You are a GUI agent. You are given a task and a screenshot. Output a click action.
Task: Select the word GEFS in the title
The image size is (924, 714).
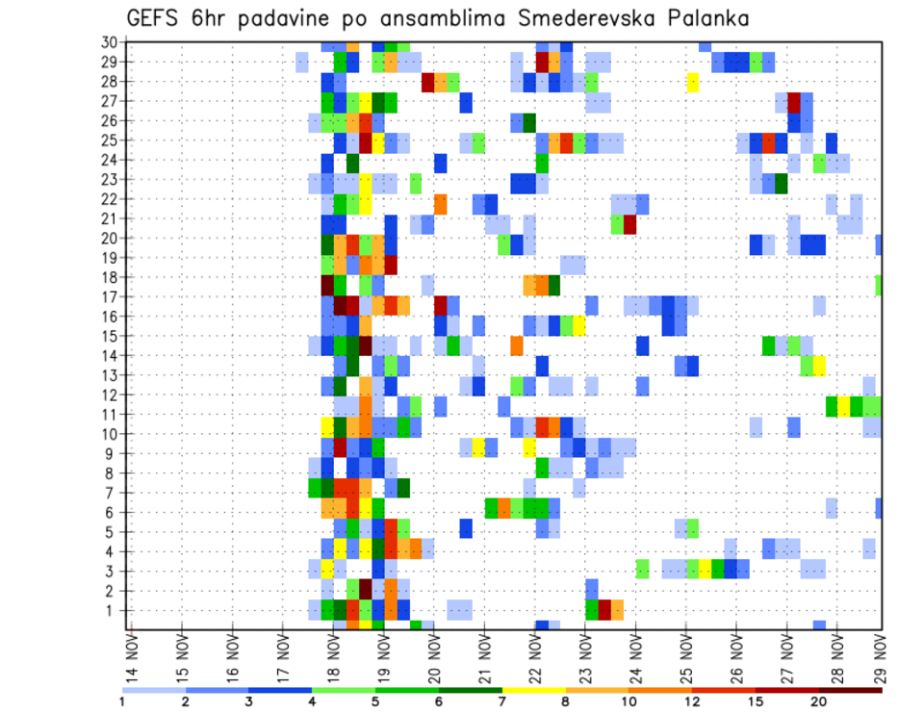point(157,18)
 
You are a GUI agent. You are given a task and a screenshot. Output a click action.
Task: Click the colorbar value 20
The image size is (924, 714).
point(819,701)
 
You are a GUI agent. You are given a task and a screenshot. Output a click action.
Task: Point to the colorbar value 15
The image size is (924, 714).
point(756,701)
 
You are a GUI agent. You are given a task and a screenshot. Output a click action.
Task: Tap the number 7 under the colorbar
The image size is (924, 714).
point(502,701)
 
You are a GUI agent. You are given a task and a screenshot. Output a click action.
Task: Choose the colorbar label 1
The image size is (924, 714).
point(122,701)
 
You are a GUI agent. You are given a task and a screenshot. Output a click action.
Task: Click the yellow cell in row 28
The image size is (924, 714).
point(692,82)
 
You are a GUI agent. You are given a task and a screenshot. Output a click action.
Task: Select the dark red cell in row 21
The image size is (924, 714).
point(629,225)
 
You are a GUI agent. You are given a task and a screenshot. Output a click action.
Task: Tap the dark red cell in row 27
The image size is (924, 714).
point(794,102)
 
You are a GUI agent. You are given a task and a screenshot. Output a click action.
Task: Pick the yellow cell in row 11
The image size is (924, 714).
point(844,405)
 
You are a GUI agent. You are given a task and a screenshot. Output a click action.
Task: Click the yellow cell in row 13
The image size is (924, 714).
point(819,366)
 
